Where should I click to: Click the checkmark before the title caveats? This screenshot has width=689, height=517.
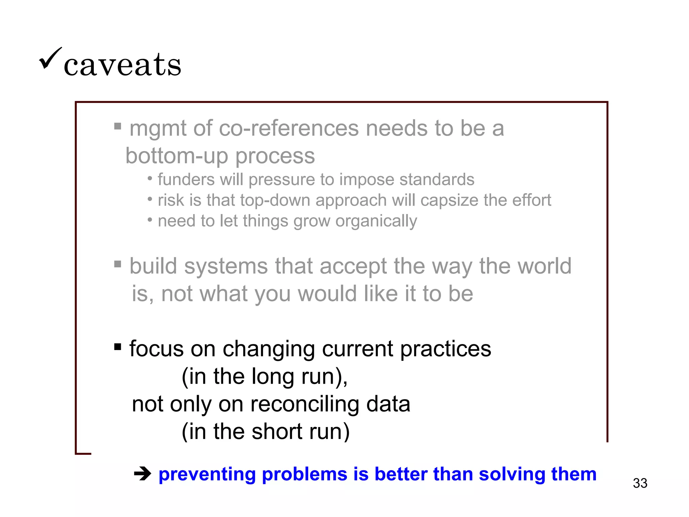(50, 58)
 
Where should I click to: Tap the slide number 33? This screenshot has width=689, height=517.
(640, 483)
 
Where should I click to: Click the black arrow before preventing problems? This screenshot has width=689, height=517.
(143, 475)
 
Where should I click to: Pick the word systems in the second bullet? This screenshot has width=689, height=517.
(226, 266)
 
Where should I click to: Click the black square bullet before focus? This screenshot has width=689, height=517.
(117, 347)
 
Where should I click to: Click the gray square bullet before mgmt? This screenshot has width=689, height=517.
(117, 126)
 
